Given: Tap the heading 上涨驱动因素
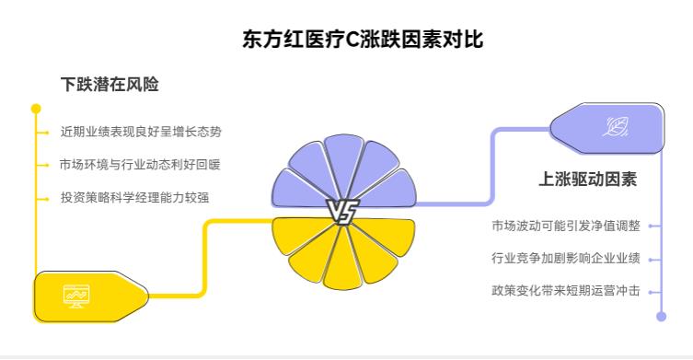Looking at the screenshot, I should pyautogui.click(x=587, y=179).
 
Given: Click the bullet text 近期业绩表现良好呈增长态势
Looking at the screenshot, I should pyautogui.click(x=141, y=132).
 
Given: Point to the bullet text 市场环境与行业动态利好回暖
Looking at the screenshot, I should pyautogui.click(x=141, y=165).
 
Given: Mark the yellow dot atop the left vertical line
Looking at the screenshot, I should pyautogui.click(x=36, y=109).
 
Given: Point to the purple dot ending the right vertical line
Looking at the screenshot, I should pyautogui.click(x=661, y=316).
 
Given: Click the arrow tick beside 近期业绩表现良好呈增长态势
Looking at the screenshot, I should pyautogui.click(x=43, y=132).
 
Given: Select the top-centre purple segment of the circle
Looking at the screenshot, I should pyautogui.click(x=342, y=166).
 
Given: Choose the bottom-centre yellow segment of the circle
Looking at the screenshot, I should pyautogui.click(x=341, y=261).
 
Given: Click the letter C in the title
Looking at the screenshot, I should pyautogui.click(x=350, y=41).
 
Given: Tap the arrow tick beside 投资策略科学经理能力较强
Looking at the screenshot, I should pyautogui.click(x=43, y=198).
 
